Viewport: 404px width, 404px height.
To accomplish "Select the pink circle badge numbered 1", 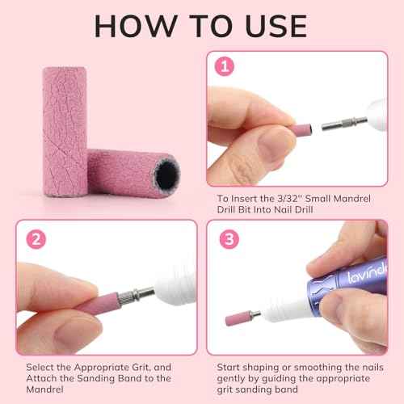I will coord(225,64).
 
